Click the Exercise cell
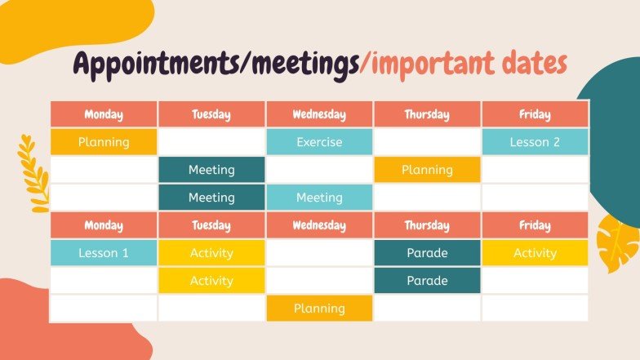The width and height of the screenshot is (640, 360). point(319,142)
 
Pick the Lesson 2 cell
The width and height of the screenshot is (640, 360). point(535,142)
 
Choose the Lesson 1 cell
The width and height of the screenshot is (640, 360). point(104,253)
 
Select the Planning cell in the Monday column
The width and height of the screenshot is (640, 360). point(104,142)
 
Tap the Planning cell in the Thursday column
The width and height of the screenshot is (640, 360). point(427,170)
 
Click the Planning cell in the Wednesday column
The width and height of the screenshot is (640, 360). point(319,309)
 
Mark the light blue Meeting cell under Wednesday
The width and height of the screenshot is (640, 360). point(319,198)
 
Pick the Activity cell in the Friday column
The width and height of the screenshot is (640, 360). point(535,253)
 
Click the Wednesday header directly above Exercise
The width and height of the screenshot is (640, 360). point(319,114)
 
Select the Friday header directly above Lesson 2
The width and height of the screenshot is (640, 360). point(535,114)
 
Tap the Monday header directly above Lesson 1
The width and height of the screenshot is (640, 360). point(104,225)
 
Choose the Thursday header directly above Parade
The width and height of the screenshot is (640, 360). point(427,225)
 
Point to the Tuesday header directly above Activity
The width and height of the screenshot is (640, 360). point(211,225)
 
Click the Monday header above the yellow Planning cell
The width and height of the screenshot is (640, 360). point(104,114)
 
